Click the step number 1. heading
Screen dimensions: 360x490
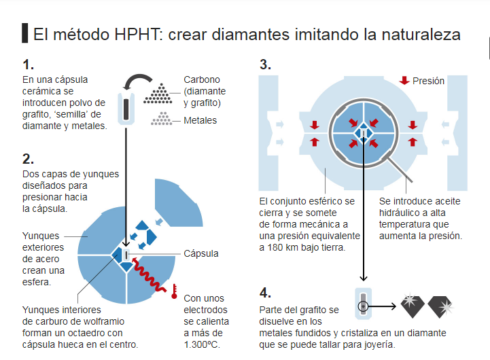[28, 65]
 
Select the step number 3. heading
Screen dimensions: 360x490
[266, 65]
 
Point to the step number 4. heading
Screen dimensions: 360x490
[266, 293]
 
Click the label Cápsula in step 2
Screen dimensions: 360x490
[201, 253]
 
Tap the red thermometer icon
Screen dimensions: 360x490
[175, 291]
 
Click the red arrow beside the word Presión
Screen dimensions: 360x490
[404, 81]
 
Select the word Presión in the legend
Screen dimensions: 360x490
[428, 81]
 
